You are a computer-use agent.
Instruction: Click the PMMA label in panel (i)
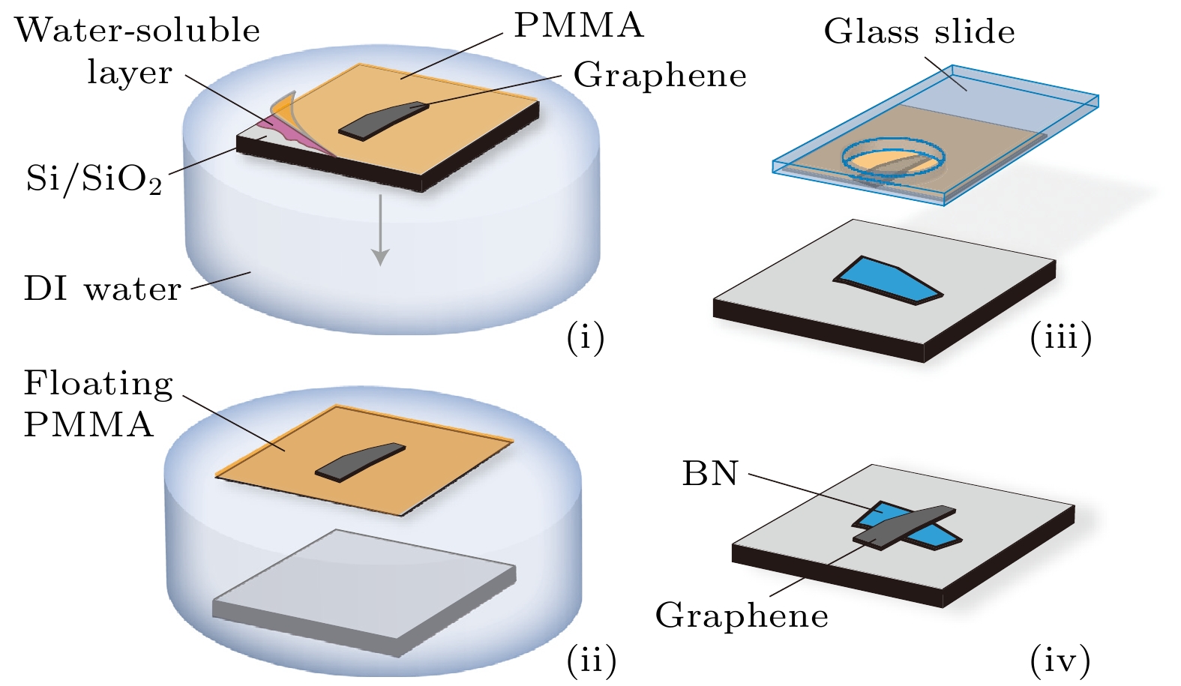(578, 26)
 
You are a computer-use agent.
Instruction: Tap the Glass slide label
(919, 32)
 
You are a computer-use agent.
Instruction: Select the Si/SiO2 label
(94, 179)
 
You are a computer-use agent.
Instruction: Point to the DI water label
(103, 289)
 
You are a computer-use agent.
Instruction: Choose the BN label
(709, 475)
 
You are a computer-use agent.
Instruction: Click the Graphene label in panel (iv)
(742, 616)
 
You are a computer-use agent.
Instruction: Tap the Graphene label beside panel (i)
(660, 76)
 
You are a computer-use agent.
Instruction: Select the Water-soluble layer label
(136, 51)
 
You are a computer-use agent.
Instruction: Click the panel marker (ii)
(591, 661)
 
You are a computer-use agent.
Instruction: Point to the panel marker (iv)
(1060, 661)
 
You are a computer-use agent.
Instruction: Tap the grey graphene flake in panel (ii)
(360, 461)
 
